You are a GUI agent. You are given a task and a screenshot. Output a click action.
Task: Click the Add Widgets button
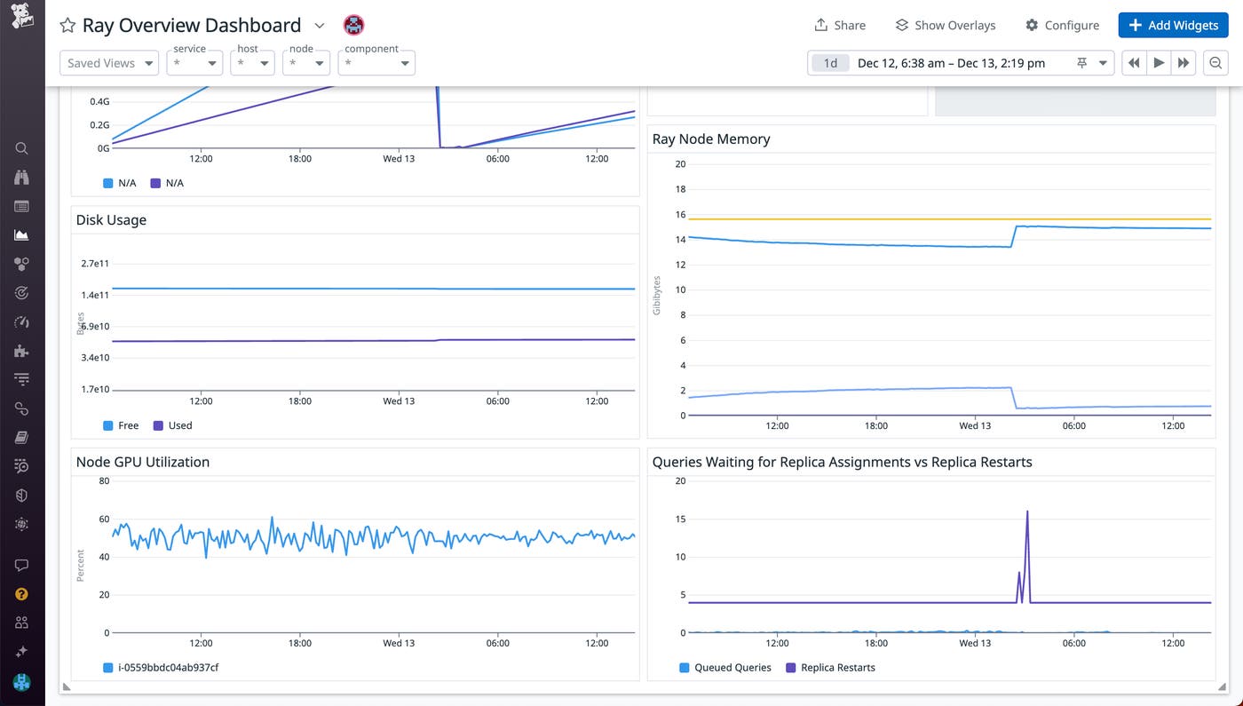(1173, 25)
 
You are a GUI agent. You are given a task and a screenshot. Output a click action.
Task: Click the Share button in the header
(839, 25)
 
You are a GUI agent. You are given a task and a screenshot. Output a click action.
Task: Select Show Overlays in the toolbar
(945, 25)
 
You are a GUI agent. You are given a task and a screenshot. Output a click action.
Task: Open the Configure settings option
(1062, 25)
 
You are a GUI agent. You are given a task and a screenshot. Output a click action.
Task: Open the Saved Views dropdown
(109, 63)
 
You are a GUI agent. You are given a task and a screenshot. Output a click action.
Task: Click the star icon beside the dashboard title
(67, 26)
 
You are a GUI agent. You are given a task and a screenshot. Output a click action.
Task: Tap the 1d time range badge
(830, 63)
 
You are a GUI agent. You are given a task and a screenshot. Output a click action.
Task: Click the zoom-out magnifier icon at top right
(1215, 63)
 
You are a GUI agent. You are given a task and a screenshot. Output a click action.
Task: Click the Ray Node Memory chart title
(710, 139)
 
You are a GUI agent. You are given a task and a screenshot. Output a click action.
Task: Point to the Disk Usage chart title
(111, 219)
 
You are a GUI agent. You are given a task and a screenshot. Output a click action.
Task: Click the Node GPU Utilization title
(142, 462)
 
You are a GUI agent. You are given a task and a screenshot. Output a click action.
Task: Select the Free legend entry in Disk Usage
(128, 425)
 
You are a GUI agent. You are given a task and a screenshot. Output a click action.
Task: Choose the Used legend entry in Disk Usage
(179, 425)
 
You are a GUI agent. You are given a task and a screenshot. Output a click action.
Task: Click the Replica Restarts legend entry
(837, 667)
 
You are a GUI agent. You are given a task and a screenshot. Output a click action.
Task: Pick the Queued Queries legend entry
(732, 667)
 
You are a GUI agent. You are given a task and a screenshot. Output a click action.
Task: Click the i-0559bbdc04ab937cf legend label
(168, 667)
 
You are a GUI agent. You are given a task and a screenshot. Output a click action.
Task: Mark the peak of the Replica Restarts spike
(1027, 512)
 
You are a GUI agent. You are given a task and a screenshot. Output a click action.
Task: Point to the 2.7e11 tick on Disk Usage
(95, 264)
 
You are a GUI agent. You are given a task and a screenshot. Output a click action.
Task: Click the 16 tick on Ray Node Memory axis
(680, 214)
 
